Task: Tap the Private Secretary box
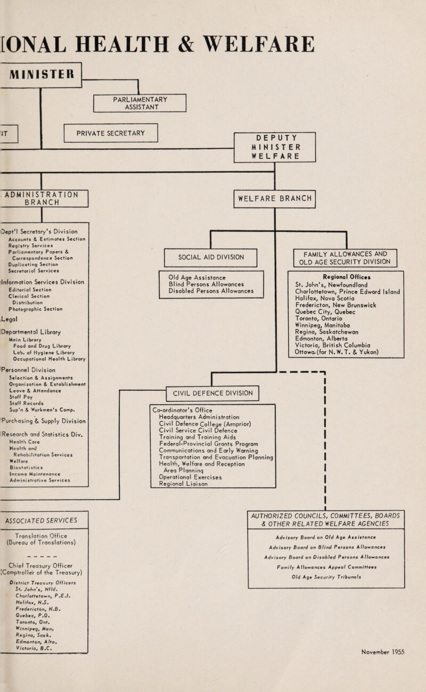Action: coord(111,133)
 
